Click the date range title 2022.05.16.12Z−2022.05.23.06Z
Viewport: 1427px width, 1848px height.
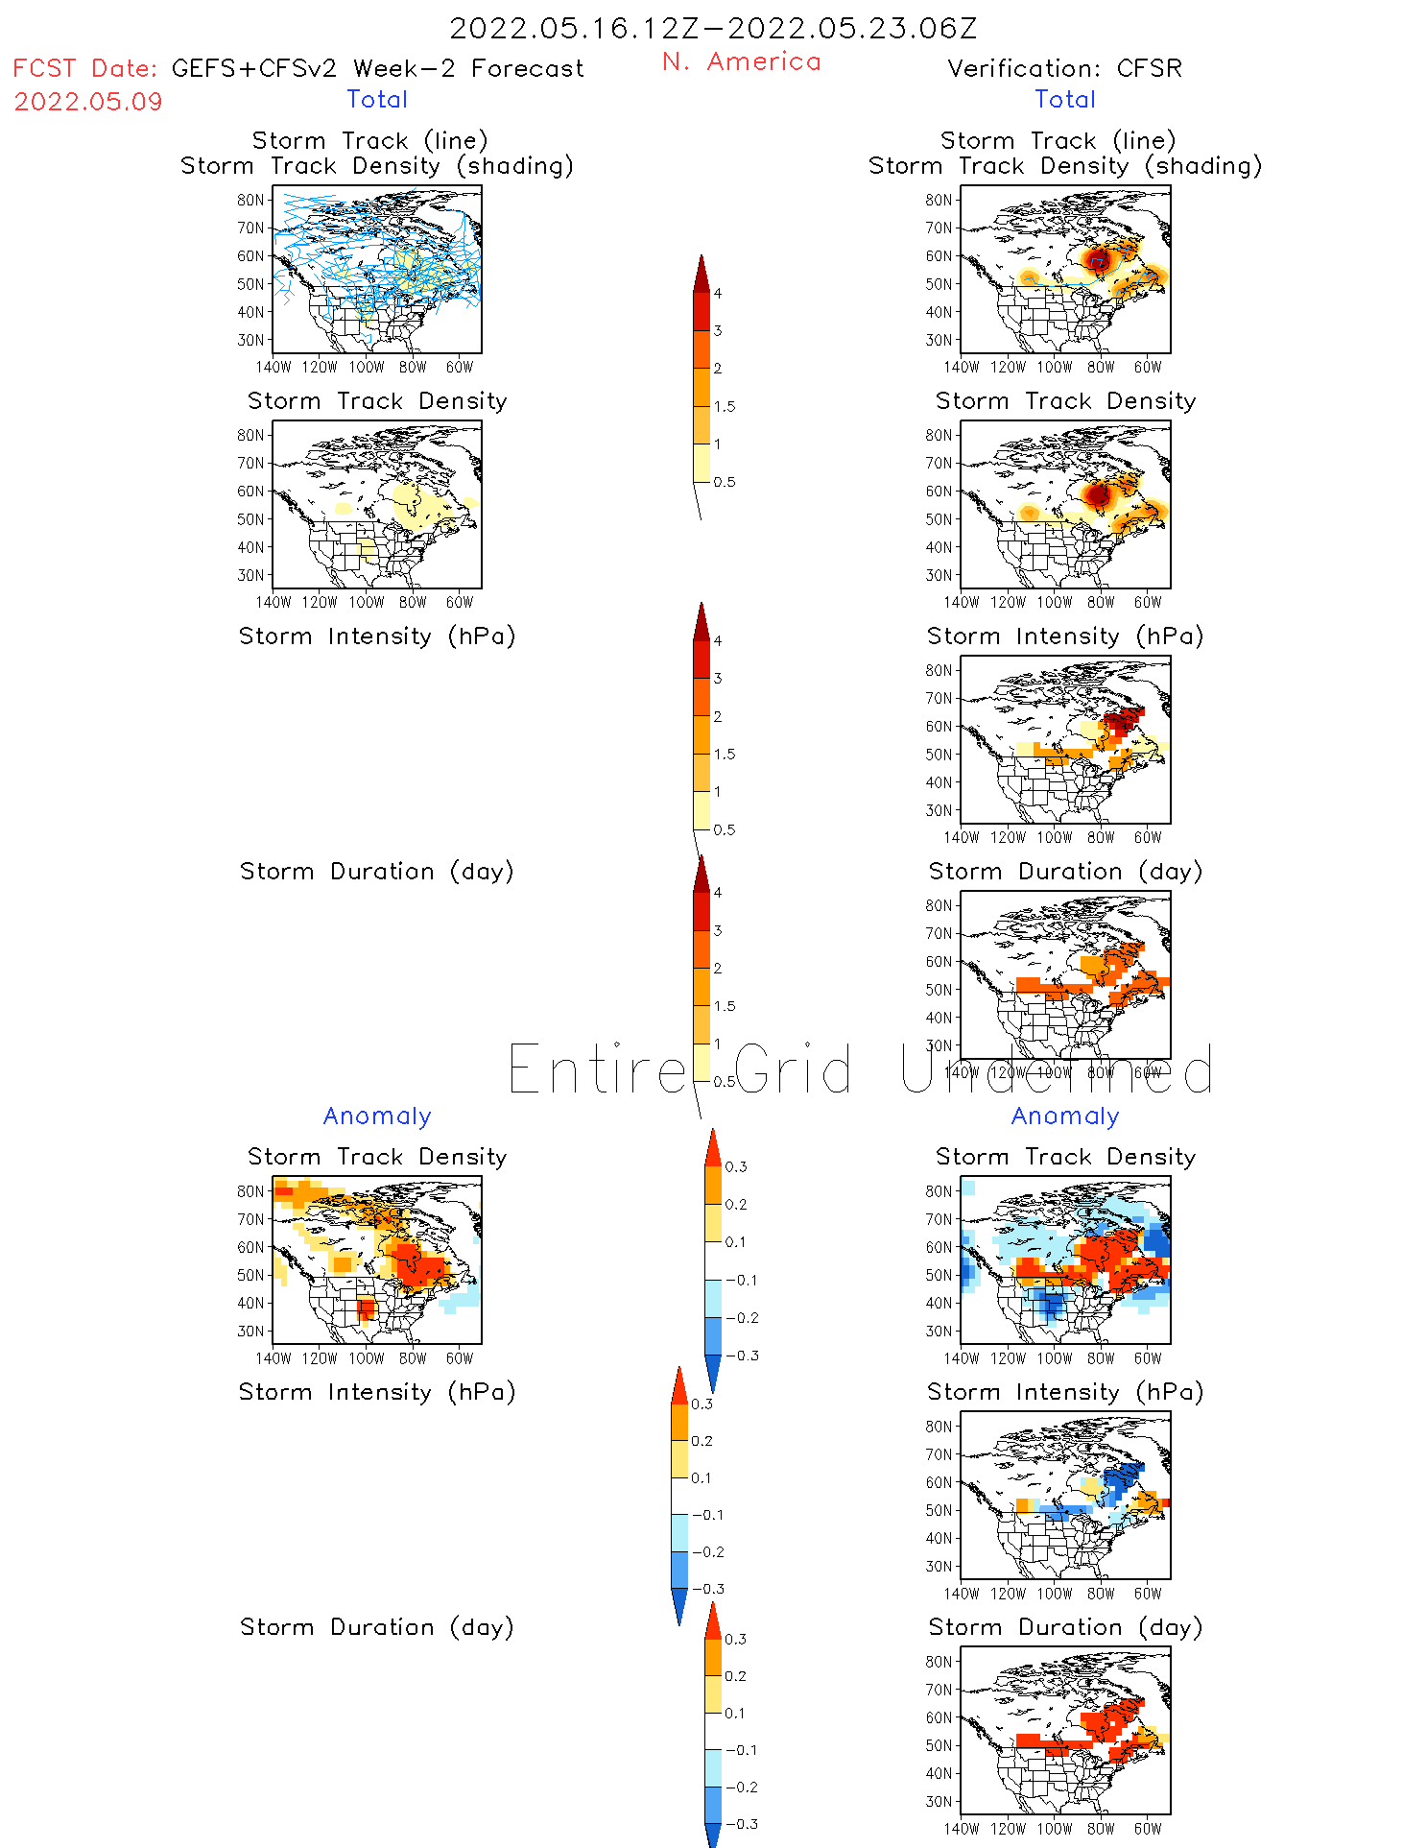point(713,28)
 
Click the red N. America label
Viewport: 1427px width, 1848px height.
point(741,61)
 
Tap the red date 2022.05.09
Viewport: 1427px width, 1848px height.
point(88,102)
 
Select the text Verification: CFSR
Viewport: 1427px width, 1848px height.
point(1064,68)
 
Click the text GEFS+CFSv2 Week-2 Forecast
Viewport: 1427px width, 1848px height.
point(377,68)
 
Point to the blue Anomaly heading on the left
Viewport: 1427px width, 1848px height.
point(377,1116)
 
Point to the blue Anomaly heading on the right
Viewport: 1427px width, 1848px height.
point(1065,1116)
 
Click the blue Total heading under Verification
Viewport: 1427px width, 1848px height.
point(1065,99)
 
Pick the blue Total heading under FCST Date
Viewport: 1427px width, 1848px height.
point(377,99)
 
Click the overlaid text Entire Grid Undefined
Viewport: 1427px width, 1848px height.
point(860,1069)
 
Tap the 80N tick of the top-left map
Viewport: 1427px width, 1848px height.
point(250,200)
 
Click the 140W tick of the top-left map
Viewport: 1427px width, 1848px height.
point(274,367)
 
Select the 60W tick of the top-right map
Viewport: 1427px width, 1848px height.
point(1148,367)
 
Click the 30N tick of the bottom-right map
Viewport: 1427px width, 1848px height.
point(939,1801)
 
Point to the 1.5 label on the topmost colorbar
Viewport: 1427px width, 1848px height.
point(725,406)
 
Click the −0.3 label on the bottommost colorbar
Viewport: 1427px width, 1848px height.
point(741,1824)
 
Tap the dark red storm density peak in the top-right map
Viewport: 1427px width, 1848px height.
point(1098,258)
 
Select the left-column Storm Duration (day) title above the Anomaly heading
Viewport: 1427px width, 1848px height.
point(377,871)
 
